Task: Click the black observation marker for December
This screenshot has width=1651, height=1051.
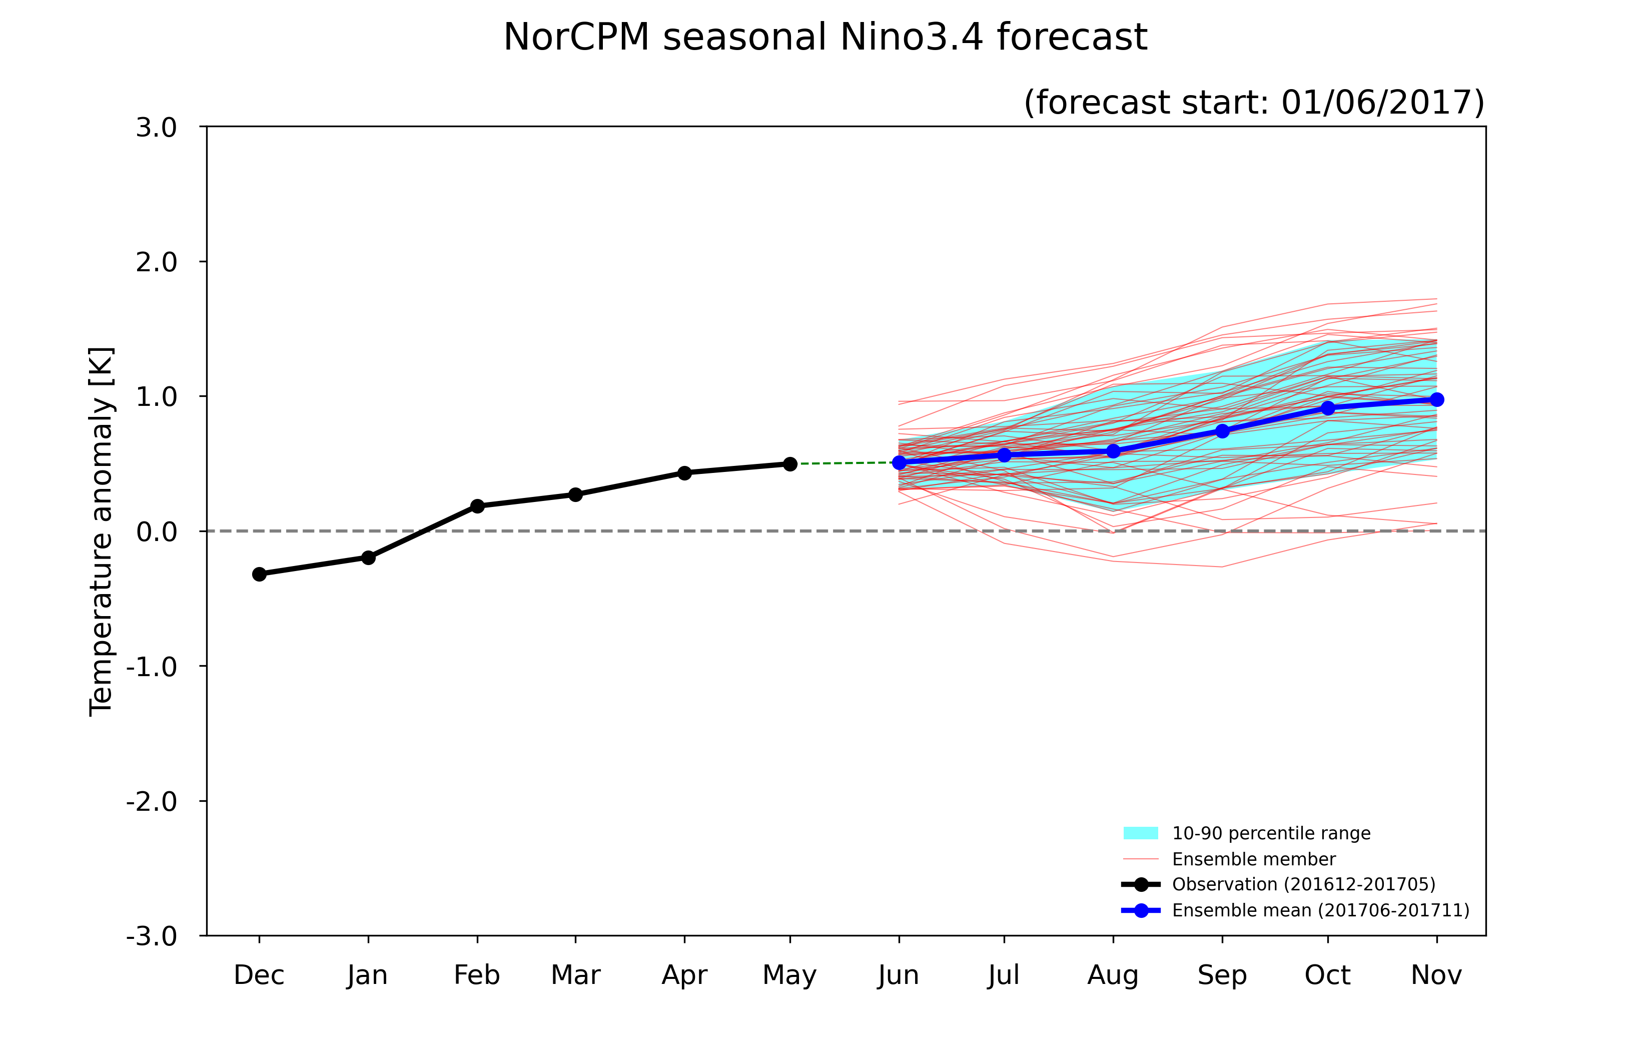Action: tap(259, 574)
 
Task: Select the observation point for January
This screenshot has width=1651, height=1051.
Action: tap(368, 558)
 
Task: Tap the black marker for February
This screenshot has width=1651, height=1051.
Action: tap(477, 506)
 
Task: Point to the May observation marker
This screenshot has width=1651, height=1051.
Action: tap(790, 464)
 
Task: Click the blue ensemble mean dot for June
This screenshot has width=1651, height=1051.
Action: tap(899, 462)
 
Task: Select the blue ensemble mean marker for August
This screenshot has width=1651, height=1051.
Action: tap(1114, 451)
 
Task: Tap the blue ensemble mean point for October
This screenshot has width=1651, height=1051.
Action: tap(1328, 408)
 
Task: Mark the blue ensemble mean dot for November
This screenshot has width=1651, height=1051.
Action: tap(1437, 399)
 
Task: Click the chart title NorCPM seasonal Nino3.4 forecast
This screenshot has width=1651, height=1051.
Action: tap(825, 37)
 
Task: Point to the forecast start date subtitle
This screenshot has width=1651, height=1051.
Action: tap(1254, 103)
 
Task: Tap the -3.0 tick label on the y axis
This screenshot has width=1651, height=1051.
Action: tap(152, 936)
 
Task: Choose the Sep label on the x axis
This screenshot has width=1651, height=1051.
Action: tap(1222, 975)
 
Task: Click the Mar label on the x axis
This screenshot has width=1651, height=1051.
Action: tap(575, 975)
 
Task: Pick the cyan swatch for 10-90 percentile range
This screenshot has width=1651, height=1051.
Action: tap(1141, 833)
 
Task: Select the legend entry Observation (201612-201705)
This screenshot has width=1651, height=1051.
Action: tap(1279, 884)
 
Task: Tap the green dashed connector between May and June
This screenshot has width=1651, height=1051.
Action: tap(845, 463)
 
